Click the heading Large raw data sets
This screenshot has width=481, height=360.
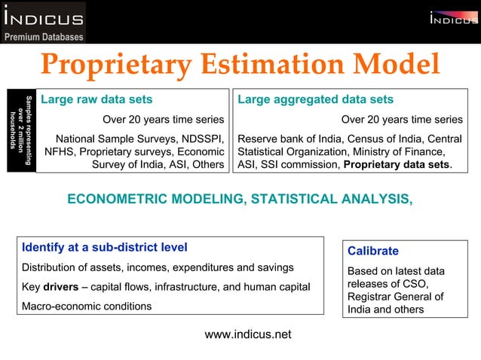[97, 99]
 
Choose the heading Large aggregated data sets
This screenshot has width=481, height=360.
[315, 99]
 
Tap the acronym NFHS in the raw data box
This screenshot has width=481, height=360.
[60, 151]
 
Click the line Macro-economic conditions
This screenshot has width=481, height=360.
[86, 306]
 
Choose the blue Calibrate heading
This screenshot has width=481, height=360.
[372, 251]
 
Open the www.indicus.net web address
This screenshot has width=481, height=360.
[247, 334]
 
